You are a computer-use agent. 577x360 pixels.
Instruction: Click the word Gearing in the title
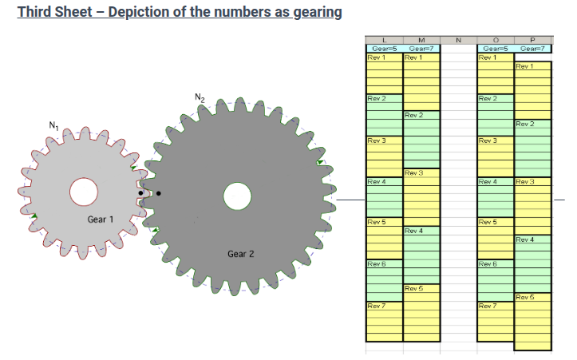click(318, 12)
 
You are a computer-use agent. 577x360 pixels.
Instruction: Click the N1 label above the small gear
click(53, 125)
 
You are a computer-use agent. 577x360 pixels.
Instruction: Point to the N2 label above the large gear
click(200, 97)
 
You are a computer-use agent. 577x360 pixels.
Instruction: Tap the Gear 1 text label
click(100, 220)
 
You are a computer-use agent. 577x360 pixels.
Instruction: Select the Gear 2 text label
click(241, 254)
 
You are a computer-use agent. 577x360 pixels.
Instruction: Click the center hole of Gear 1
click(84, 192)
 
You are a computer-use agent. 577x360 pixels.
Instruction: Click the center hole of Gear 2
click(237, 196)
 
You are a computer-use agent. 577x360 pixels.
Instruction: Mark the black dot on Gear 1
click(140, 193)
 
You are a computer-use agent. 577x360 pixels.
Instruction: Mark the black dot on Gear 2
click(159, 193)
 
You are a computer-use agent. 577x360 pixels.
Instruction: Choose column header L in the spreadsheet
click(385, 40)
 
